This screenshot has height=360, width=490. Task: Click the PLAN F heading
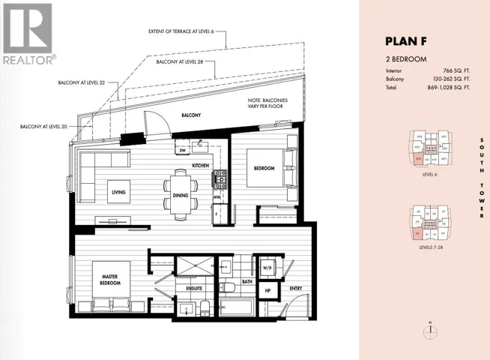point(406,41)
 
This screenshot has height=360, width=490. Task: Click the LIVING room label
point(118,192)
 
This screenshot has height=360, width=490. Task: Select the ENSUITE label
point(185,286)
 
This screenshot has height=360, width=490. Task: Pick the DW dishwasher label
point(182,150)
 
